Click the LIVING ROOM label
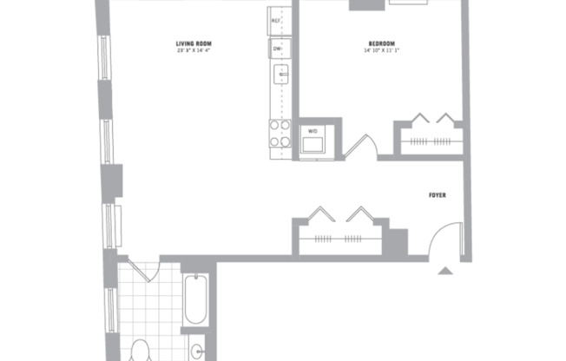point(194,43)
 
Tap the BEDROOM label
point(381,43)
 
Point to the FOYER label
point(438,196)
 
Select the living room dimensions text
point(194,50)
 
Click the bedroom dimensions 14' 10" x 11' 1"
point(381,50)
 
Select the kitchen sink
point(280,75)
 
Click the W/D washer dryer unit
point(312,140)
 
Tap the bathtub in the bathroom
point(195,299)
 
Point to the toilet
point(140,352)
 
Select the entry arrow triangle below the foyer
point(444,271)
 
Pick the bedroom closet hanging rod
point(432,140)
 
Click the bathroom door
point(141,269)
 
